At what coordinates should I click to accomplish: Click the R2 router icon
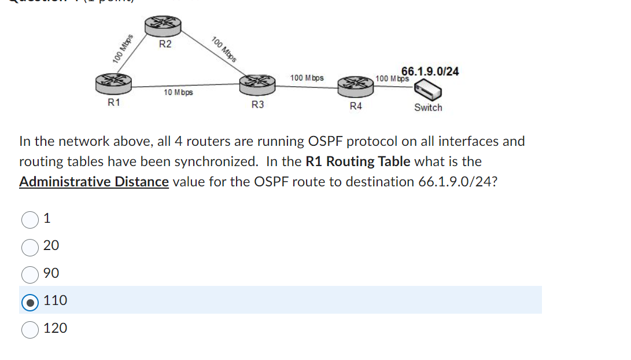(163, 25)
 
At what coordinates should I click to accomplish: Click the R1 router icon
(114, 83)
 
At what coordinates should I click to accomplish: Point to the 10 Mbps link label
(178, 93)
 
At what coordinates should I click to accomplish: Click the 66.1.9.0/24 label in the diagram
(430, 71)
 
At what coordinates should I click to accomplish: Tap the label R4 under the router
(356, 106)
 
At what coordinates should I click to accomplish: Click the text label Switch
(428, 108)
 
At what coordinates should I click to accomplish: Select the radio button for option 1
(30, 219)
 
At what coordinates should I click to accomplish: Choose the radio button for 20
(30, 247)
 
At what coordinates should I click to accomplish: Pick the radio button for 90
(30, 274)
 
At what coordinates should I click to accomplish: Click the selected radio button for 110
(30, 301)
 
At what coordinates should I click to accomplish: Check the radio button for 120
(30, 329)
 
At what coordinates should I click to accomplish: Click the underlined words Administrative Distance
(94, 182)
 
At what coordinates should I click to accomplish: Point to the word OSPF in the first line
(330, 141)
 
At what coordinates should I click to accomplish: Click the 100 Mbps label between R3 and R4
(307, 78)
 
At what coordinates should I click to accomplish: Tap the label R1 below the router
(114, 102)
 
